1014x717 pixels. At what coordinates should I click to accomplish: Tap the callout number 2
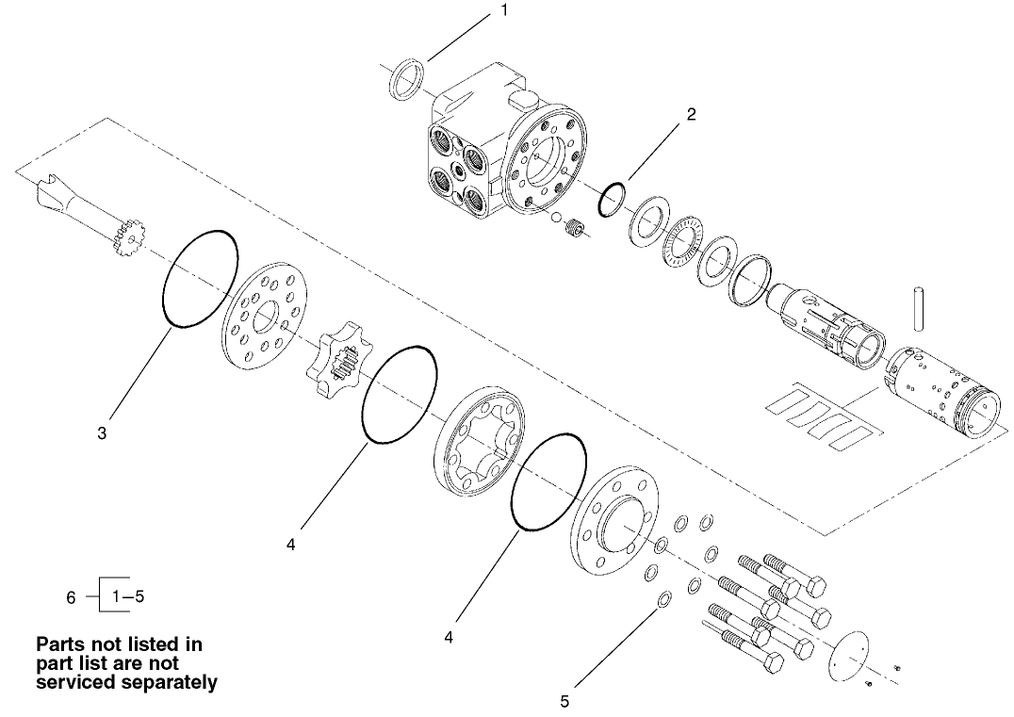pyautogui.click(x=691, y=115)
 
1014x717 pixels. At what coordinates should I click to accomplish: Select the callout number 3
pyautogui.click(x=102, y=433)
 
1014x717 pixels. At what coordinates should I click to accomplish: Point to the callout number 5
pyautogui.click(x=564, y=700)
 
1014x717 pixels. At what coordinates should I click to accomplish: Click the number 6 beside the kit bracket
pyautogui.click(x=71, y=597)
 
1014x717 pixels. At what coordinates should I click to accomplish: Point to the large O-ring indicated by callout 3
pyautogui.click(x=201, y=279)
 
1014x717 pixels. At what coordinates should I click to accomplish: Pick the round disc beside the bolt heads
pyautogui.click(x=854, y=650)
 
